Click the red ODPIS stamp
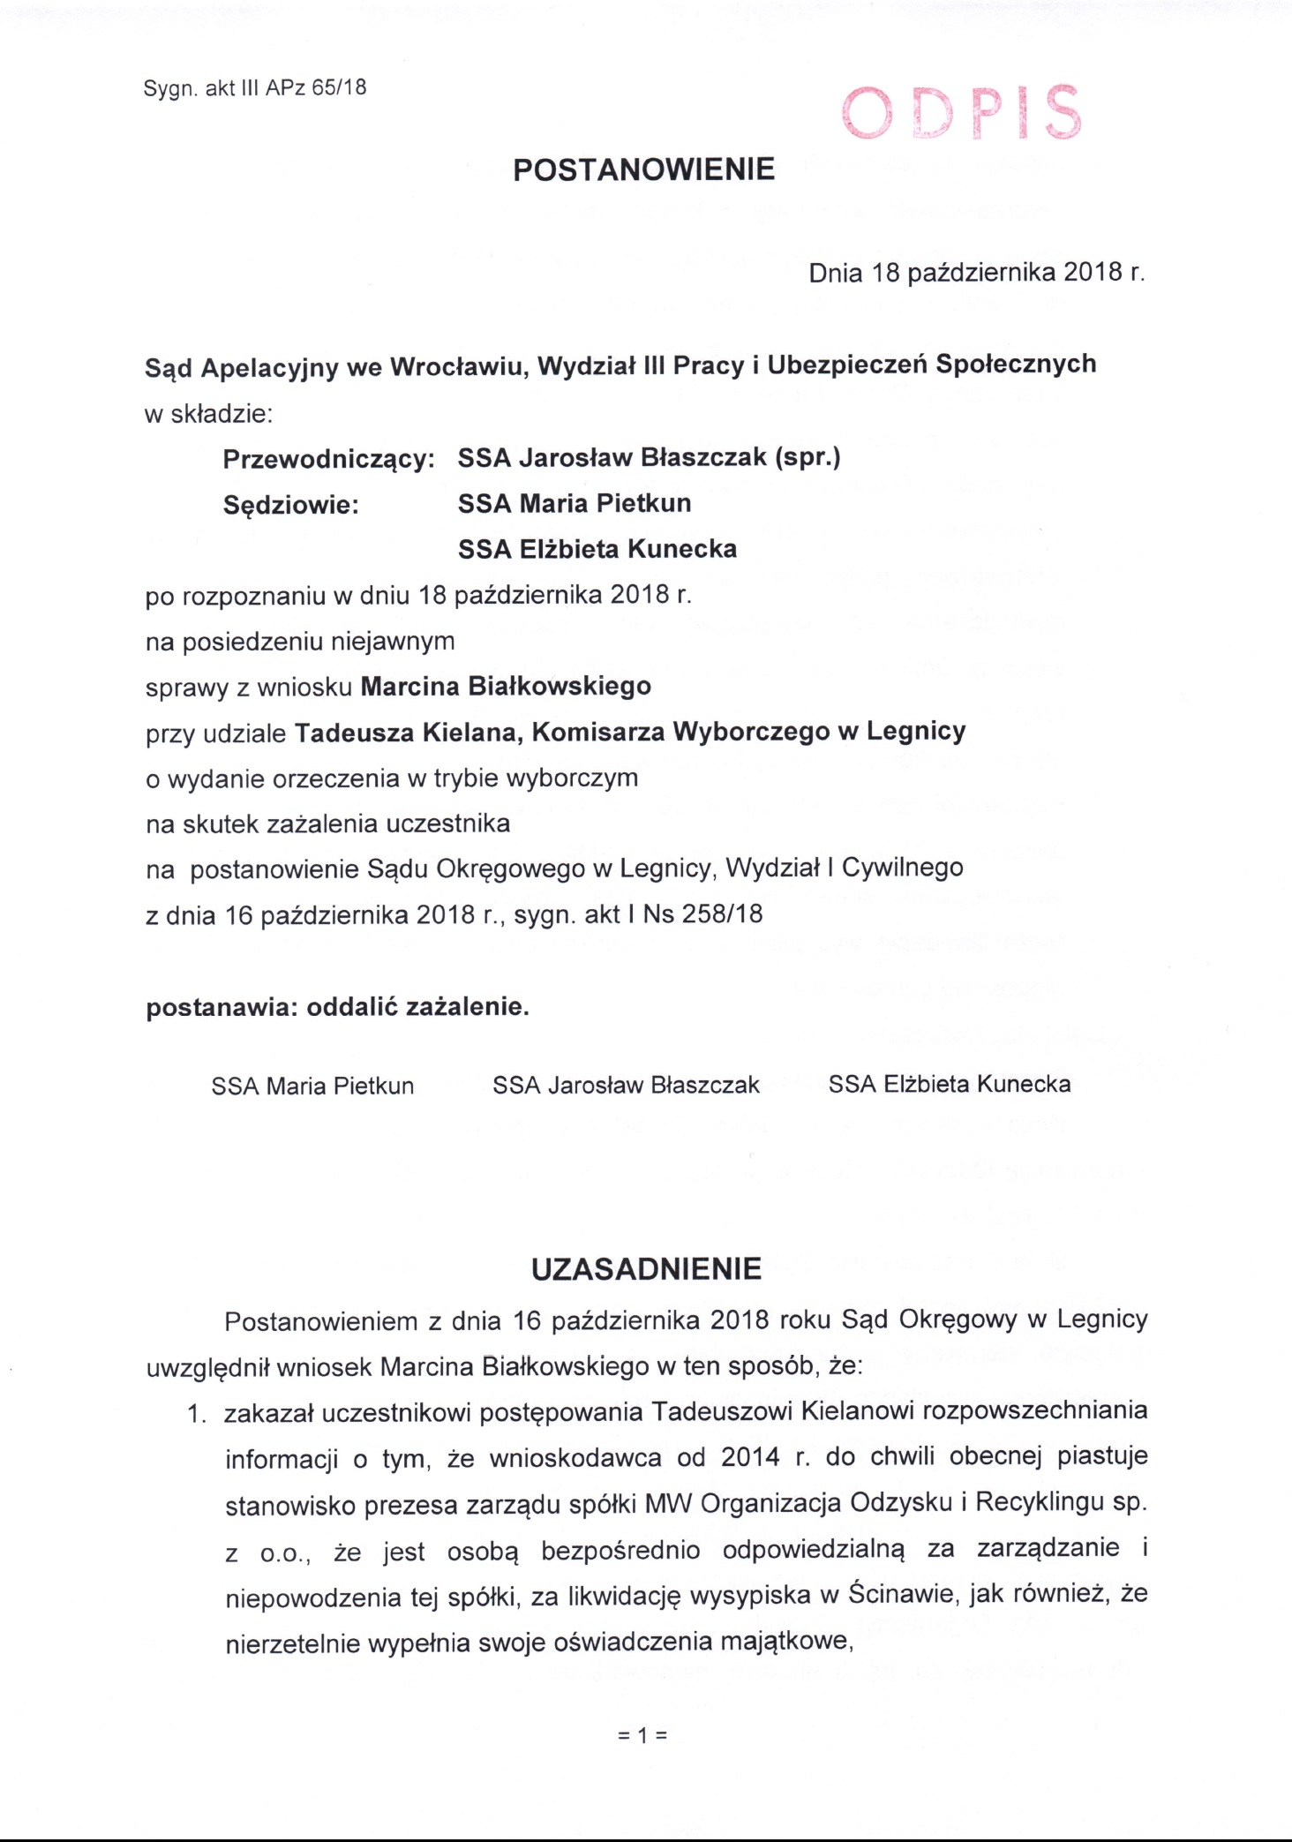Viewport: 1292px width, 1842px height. (x=961, y=113)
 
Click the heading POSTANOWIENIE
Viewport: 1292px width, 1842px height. (x=644, y=169)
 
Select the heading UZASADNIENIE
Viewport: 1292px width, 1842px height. (x=646, y=1269)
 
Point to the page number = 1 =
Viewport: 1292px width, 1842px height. (x=643, y=1735)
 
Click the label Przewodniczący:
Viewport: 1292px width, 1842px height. (x=328, y=459)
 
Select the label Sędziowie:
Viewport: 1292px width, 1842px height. (x=290, y=505)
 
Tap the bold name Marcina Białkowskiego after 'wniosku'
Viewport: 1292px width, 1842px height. (x=506, y=686)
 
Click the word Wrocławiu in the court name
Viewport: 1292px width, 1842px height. (x=459, y=366)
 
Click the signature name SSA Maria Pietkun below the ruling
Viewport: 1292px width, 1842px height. (x=312, y=1086)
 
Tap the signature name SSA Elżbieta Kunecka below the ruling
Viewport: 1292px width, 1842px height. (x=950, y=1084)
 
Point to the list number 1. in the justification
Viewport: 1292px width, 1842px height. (x=196, y=1415)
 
